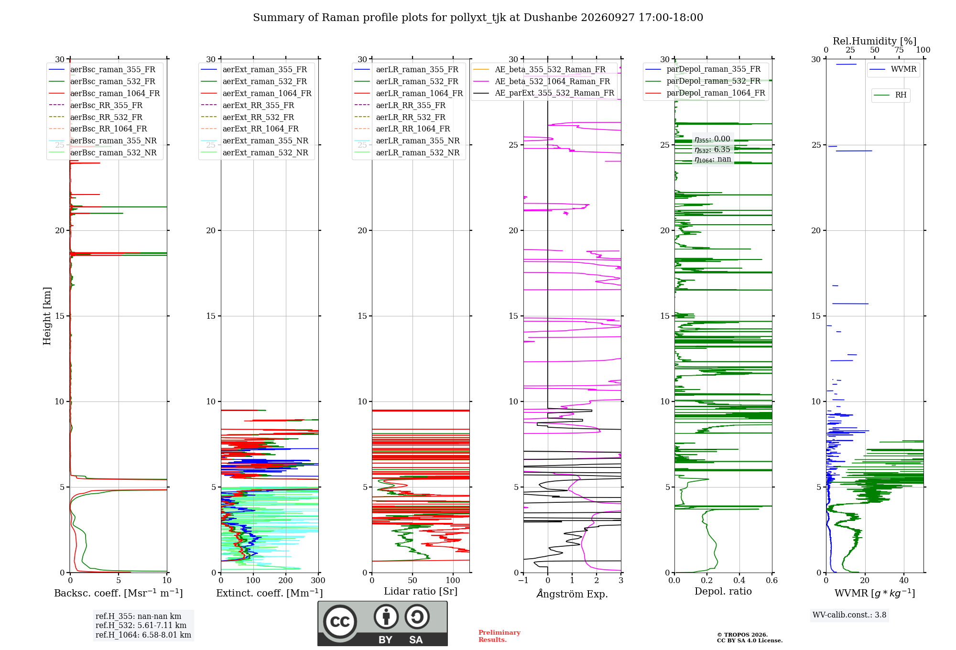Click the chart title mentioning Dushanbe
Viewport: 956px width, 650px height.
coord(478,18)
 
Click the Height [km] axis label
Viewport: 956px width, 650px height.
coord(47,316)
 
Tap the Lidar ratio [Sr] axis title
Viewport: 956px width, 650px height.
coord(421,591)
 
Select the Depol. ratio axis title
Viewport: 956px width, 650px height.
coord(723,591)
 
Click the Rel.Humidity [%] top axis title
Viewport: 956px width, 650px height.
coord(875,41)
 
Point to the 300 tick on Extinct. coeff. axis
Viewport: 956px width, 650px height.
coord(318,581)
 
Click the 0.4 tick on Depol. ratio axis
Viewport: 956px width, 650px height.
coord(739,581)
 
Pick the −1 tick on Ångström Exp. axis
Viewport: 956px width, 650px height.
coord(523,581)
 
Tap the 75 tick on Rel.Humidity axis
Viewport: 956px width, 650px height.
coord(899,50)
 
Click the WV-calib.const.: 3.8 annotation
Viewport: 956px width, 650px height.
coord(849,615)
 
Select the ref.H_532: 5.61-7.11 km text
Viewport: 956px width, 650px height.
coord(141,625)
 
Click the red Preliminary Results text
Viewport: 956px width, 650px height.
coord(500,636)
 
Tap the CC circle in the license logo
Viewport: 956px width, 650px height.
coord(340,621)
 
